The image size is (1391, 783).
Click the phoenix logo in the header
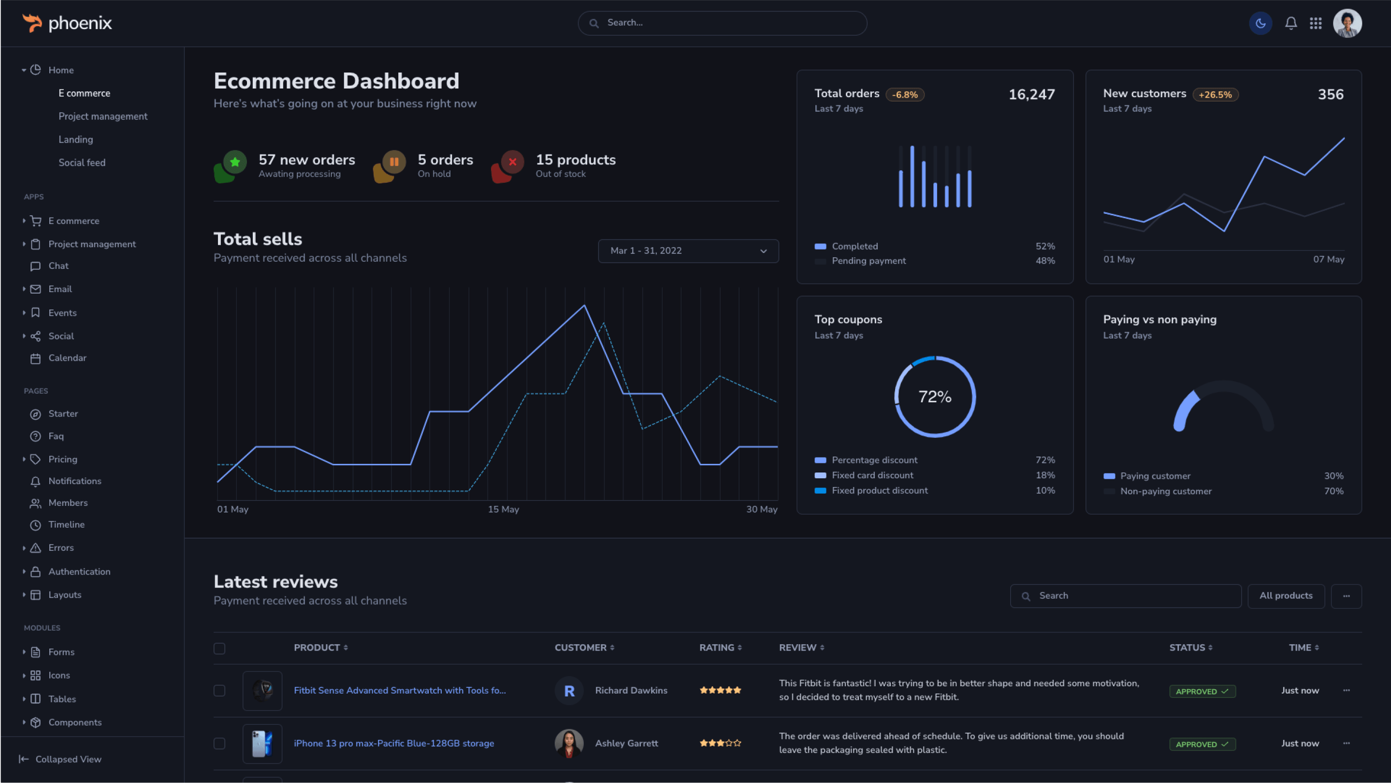67,23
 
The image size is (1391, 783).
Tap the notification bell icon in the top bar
1290,23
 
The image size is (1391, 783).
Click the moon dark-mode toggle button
1261,23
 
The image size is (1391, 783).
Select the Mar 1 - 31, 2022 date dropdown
688,251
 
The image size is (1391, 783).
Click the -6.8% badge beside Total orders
904,95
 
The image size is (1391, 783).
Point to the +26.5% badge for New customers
1215,95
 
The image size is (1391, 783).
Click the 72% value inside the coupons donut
935,397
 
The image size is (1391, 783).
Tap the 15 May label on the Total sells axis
503,509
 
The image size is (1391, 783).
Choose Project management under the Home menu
102,116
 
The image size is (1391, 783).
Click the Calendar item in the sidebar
67,358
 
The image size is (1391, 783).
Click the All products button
1286,595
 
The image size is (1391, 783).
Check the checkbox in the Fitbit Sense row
219,691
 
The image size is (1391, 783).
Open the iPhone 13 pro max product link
393,743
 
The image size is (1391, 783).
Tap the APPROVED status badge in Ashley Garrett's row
1202,744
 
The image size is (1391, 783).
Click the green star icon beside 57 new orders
235,162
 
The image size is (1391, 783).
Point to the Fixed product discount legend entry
879,490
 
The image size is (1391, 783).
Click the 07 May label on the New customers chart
1328,259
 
